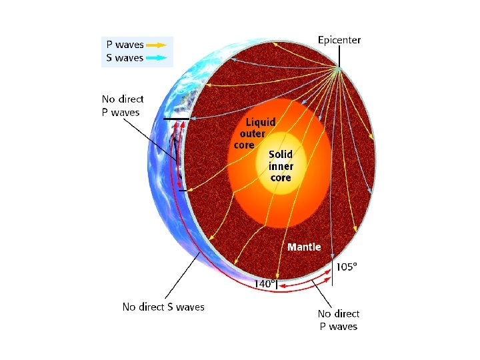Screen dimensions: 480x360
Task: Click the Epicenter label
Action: pyautogui.click(x=339, y=40)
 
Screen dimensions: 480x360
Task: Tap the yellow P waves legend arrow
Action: pyautogui.click(x=157, y=45)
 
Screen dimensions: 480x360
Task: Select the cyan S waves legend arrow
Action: pyautogui.click(x=157, y=58)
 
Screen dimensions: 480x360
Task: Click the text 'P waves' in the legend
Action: pyautogui.click(x=125, y=45)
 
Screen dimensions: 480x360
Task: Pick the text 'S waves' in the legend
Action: pyautogui.click(x=125, y=58)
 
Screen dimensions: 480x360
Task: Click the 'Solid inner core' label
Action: pyautogui.click(x=281, y=166)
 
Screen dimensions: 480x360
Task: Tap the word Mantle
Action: pyautogui.click(x=304, y=247)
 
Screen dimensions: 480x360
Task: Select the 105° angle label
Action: pyautogui.click(x=346, y=267)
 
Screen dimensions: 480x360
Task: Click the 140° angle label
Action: pyautogui.click(x=264, y=283)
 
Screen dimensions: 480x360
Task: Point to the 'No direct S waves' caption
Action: pyautogui.click(x=163, y=307)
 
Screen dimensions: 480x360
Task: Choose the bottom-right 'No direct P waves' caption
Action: pyautogui.click(x=338, y=320)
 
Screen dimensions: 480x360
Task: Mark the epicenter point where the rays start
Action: pyautogui.click(x=339, y=69)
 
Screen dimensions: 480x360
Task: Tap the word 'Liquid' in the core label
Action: pyautogui.click(x=260, y=123)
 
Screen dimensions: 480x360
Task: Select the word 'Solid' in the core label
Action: pyautogui.click(x=281, y=155)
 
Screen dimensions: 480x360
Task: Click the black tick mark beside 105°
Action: pyautogui.click(x=332, y=274)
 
